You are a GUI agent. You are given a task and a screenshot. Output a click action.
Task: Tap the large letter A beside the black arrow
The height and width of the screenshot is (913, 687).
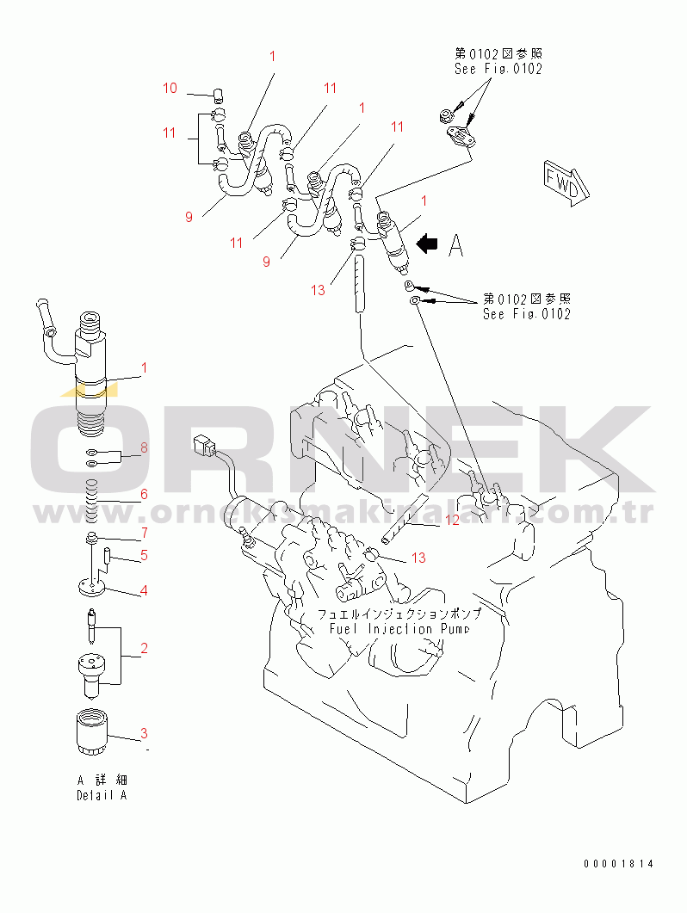pos(456,246)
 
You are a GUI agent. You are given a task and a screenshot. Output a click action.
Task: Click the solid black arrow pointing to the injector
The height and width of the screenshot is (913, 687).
pos(426,244)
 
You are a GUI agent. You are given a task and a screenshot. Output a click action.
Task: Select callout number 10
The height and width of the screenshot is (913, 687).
pos(170,88)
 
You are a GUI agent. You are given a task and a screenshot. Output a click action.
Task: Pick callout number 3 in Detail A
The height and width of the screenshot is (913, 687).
pos(144,733)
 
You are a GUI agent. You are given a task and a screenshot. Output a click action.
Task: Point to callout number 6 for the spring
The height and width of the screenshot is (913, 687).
pos(144,494)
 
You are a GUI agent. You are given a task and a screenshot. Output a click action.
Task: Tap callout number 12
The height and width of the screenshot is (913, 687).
pos(452,520)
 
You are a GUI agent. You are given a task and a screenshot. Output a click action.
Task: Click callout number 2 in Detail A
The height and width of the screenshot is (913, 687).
pos(144,648)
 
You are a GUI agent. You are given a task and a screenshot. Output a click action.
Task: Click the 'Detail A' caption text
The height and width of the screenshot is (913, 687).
pos(102,796)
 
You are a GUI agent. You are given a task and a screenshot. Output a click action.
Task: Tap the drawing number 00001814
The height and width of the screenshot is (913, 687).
pos(618,864)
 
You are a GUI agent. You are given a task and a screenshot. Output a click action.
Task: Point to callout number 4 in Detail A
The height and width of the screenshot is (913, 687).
pos(144,590)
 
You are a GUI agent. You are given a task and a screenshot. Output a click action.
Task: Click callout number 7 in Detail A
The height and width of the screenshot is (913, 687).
pos(144,533)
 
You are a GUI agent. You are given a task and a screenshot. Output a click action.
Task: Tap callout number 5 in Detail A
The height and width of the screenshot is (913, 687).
pos(144,555)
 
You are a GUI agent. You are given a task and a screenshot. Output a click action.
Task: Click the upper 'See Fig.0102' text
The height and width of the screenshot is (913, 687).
pos(498,69)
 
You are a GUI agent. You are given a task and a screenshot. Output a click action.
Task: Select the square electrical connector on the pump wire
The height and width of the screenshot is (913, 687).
pos(204,446)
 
